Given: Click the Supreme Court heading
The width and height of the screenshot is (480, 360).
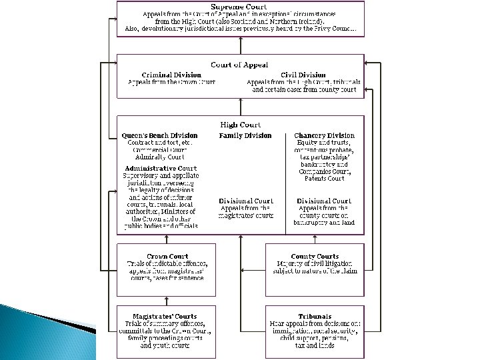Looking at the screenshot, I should tap(240, 6).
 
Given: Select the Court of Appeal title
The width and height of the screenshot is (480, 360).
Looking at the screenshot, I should tap(240, 65).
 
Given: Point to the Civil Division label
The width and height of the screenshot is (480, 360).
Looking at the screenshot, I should tap(303, 75).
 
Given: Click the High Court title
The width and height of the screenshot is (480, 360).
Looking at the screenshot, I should tap(240, 125).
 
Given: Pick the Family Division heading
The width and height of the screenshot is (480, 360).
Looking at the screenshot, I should tap(245, 135).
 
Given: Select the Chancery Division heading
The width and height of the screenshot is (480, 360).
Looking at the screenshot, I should tap(324, 135).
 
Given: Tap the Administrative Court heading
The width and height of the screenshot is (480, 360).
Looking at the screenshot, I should tap(160, 168).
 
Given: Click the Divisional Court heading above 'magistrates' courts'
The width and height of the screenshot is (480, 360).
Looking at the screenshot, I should tap(245, 201).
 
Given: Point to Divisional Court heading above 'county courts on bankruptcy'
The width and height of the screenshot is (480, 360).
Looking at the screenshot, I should tap(324, 201).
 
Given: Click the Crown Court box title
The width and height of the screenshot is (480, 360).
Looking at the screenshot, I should tap(167, 256).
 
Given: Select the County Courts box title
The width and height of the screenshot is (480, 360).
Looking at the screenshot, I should tap(315, 256).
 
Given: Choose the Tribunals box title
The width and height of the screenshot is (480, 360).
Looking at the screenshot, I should tap(315, 317).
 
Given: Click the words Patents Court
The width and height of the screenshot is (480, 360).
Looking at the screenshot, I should tap(324, 179).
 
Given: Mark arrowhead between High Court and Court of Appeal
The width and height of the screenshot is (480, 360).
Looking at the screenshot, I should tap(240, 102).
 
